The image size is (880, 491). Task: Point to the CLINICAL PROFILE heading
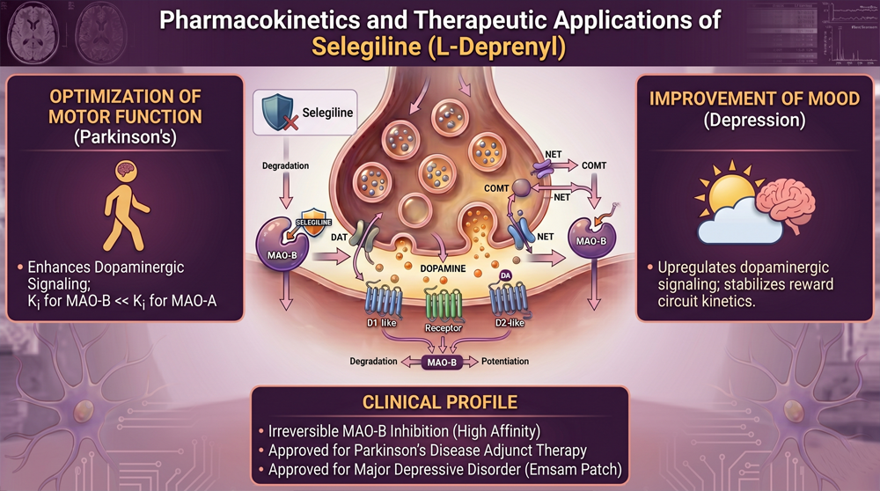coord(440,404)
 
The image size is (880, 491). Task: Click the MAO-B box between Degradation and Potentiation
coord(442,362)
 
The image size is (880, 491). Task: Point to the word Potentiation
coord(510,362)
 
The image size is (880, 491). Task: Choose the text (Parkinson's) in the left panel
coord(124,138)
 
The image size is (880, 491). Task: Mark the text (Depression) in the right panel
coord(754,121)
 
